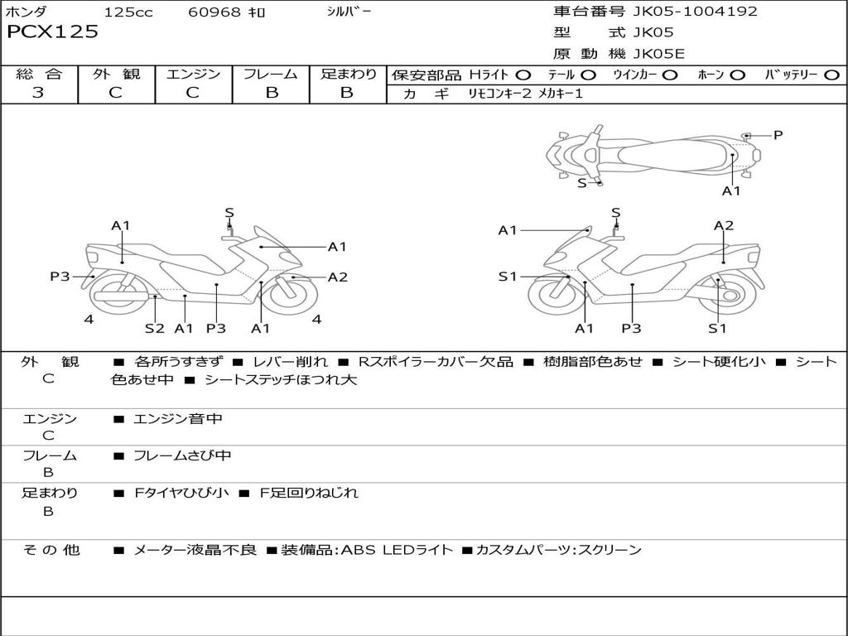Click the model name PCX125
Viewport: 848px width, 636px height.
[52, 32]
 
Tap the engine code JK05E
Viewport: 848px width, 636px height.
[659, 55]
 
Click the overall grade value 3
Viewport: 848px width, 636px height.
[38, 93]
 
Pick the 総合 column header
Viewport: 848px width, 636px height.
[39, 74]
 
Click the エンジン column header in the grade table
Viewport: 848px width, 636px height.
[193, 74]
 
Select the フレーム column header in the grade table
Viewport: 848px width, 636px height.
[271, 74]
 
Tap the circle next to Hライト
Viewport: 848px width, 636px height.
[523, 75]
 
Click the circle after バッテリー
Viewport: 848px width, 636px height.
[831, 75]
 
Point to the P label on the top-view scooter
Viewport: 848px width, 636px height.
[778, 135]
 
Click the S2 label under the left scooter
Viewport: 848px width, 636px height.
[155, 328]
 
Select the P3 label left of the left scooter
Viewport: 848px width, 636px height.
[60, 277]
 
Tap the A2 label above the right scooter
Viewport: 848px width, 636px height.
[724, 225]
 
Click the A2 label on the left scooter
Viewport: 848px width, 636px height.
[338, 277]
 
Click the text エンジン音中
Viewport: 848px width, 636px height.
[178, 419]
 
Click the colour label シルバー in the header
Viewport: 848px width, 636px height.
[349, 12]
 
